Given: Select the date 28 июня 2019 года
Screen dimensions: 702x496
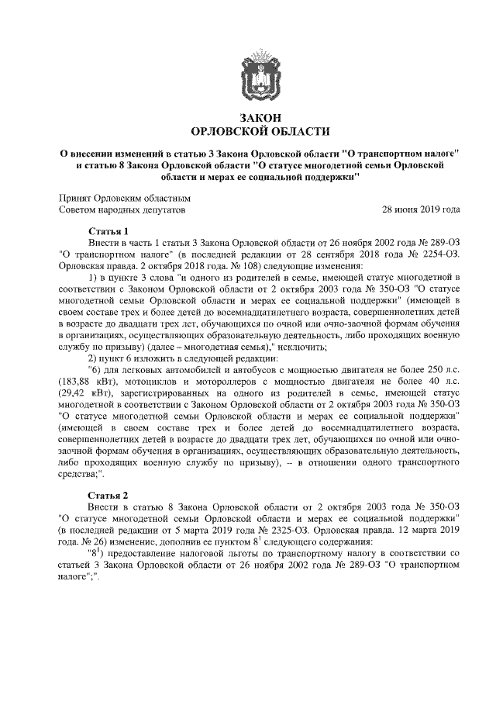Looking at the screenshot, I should [x=422, y=209].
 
